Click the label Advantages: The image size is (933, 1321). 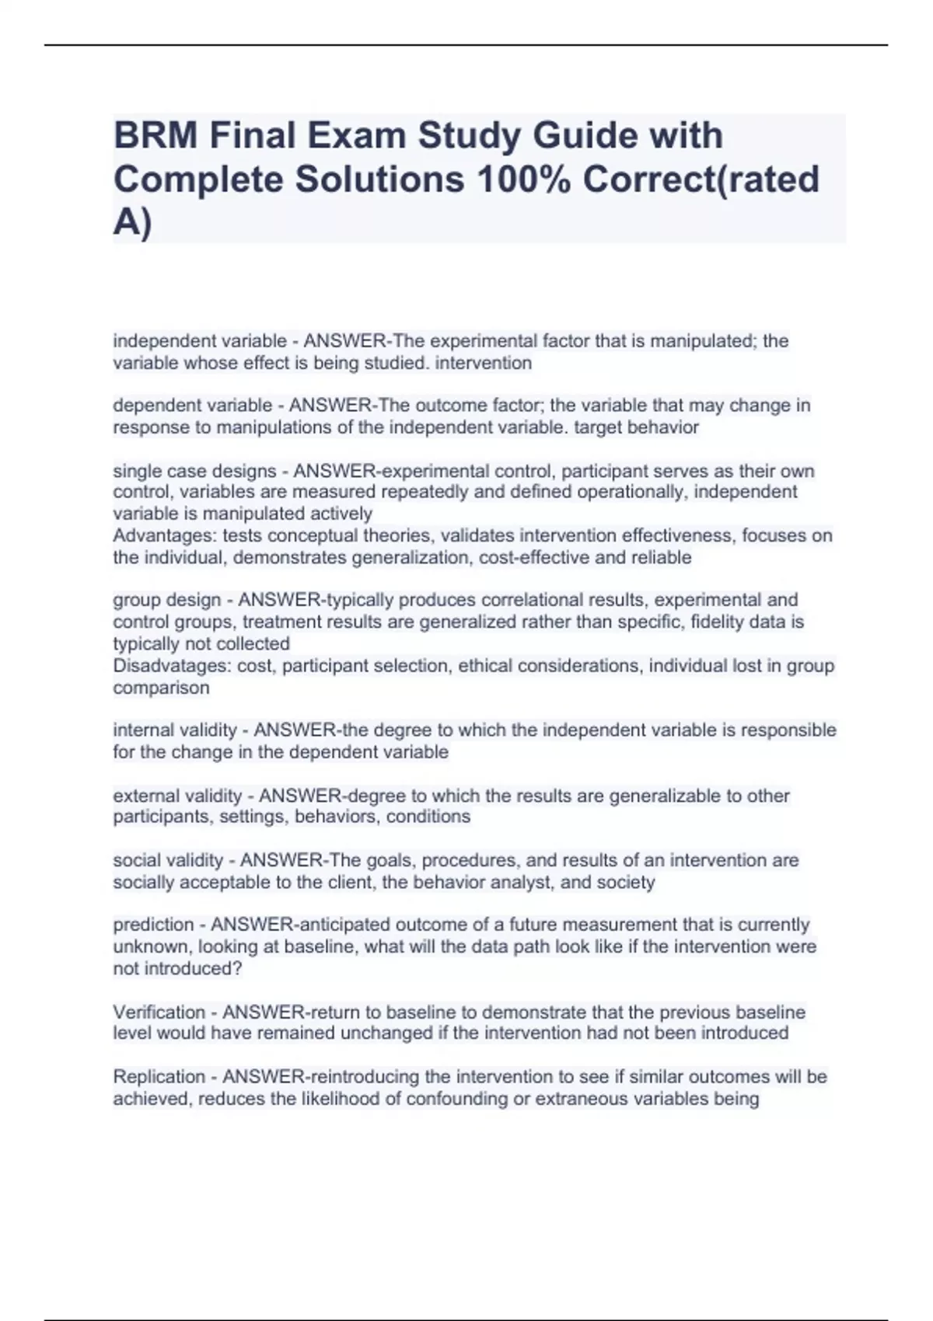165,535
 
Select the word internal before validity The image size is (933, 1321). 140,730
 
